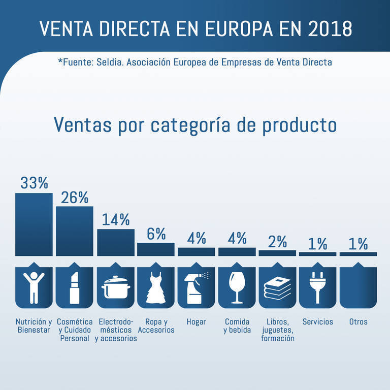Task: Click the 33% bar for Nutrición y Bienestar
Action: pyautogui.click(x=34, y=224)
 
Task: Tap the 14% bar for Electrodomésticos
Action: pyautogui.click(x=115, y=242)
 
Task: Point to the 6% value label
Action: pyautogui.click(x=156, y=234)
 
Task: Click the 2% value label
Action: pyautogui.click(x=278, y=242)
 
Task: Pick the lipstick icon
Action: pyautogui.click(x=74, y=288)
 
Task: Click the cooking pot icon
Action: pyautogui.click(x=115, y=288)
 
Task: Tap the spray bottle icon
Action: pyautogui.click(x=196, y=288)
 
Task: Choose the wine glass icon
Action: pyautogui.click(x=237, y=288)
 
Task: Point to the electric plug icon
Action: pyautogui.click(x=318, y=288)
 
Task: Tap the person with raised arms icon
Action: pyautogui.click(x=34, y=288)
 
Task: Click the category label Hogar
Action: pyautogui.click(x=196, y=322)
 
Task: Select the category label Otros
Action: pyautogui.click(x=358, y=322)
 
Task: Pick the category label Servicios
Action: pyautogui.click(x=318, y=322)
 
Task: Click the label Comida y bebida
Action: pyautogui.click(x=237, y=326)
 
